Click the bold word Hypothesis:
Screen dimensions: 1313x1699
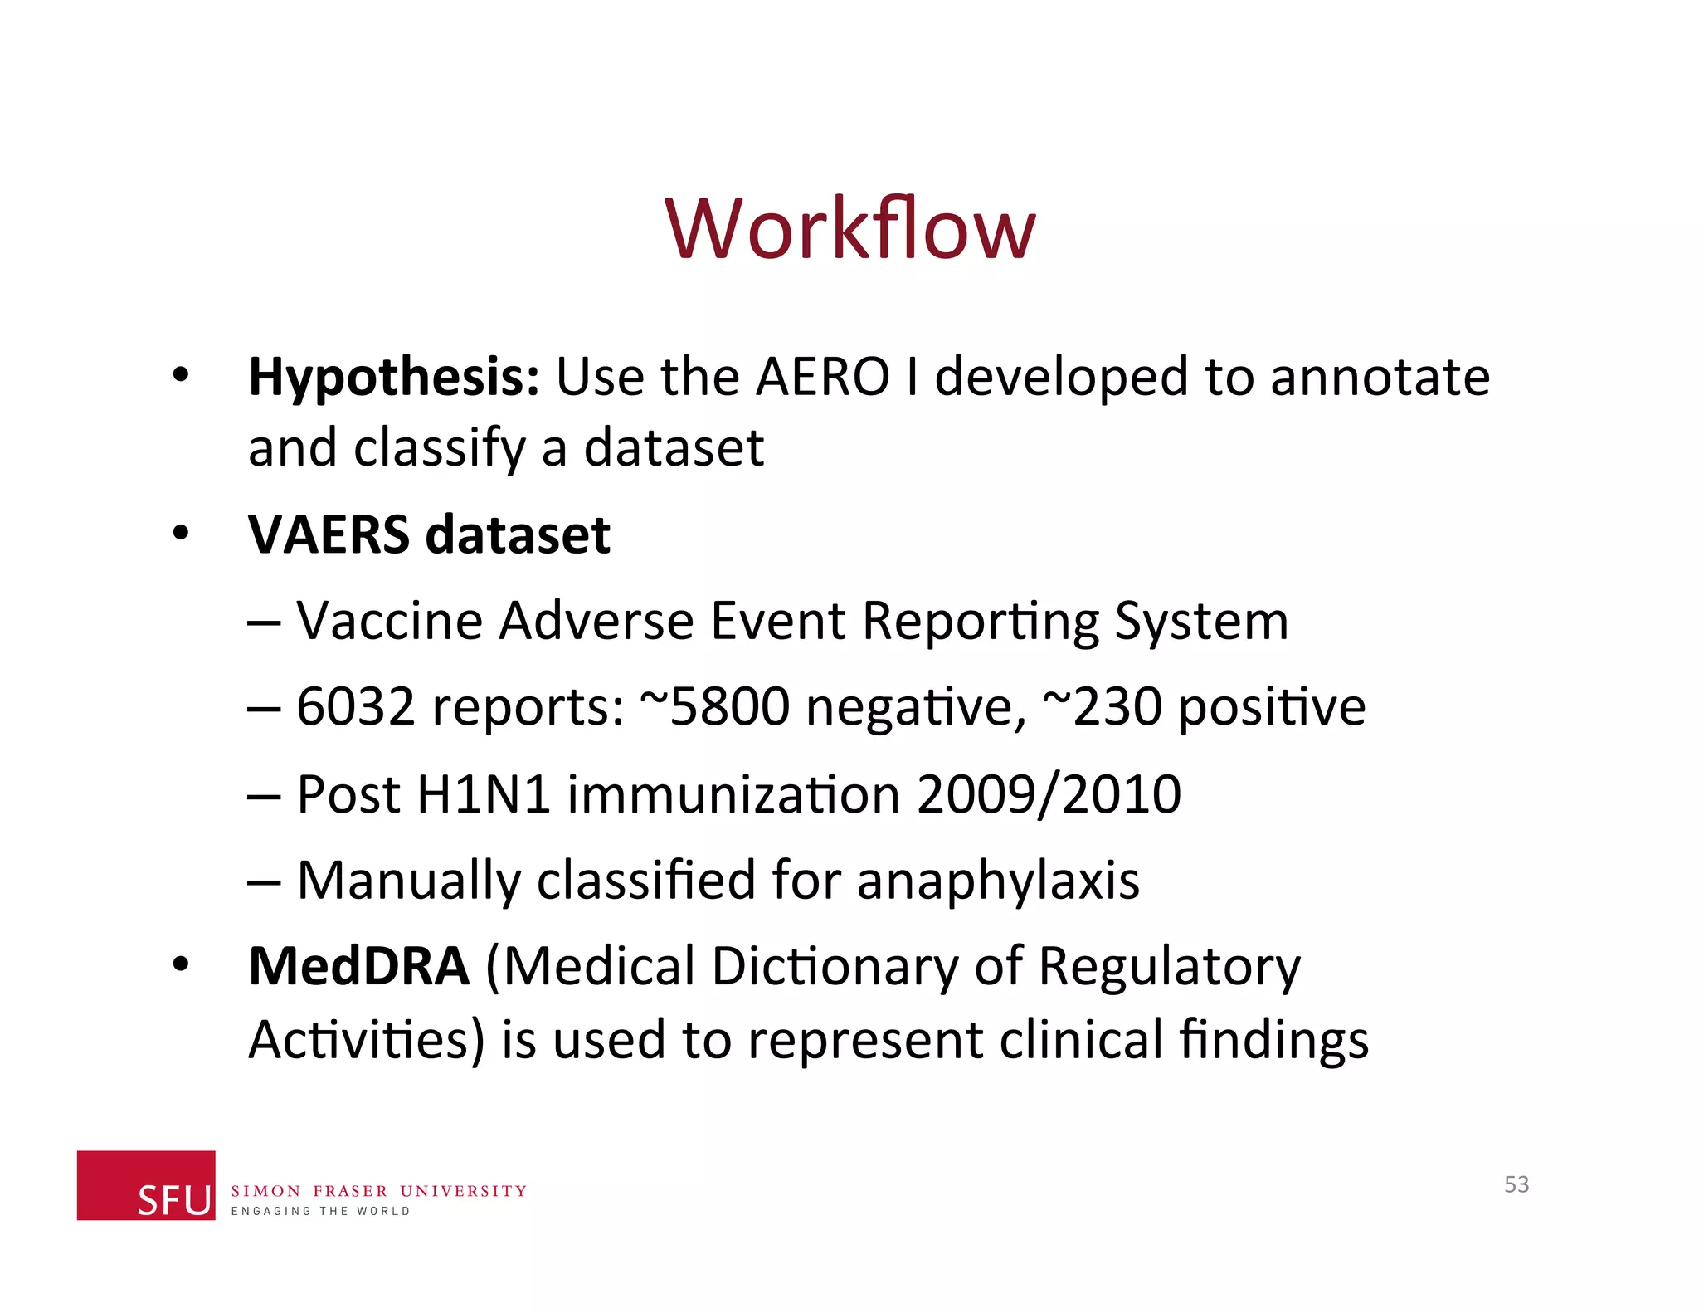pos(394,378)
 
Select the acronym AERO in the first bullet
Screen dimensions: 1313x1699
pos(822,378)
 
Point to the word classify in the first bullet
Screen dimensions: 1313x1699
pos(440,449)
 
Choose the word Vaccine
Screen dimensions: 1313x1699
pos(389,621)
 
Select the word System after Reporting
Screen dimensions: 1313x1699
pos(1200,621)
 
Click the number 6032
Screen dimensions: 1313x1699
pos(355,707)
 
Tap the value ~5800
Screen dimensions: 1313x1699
pos(714,707)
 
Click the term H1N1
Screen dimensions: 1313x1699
pos(483,794)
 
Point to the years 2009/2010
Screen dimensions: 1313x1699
pos(1049,794)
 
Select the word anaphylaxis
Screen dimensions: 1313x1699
pos(998,881)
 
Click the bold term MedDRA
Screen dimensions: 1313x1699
pos(359,967)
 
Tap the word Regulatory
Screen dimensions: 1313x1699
pos(1169,969)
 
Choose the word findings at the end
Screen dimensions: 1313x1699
pos(1273,1041)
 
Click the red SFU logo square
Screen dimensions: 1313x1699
pos(146,1185)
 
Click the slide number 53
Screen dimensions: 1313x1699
pos(1516,1184)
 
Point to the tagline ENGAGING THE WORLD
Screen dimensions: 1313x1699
pos(320,1212)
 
